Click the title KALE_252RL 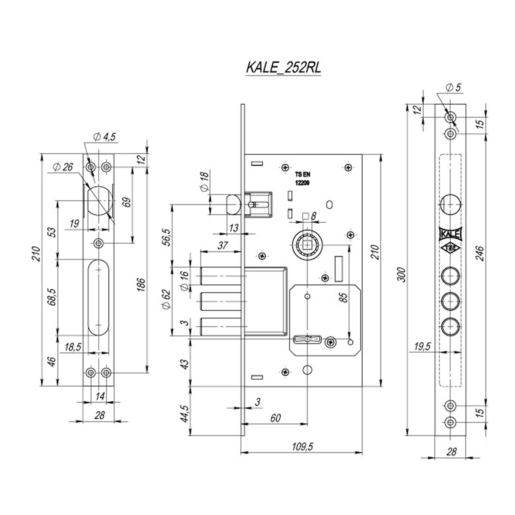(283, 68)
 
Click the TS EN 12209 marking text (303, 179)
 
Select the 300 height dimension (402, 275)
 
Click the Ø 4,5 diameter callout (104, 137)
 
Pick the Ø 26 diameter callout (63, 167)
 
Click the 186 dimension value (142, 285)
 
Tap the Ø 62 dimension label (166, 299)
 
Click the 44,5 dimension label (184, 414)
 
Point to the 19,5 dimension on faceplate (423, 347)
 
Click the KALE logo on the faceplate (450, 234)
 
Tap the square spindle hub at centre (308, 245)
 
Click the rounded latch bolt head (234, 205)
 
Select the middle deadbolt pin (221, 302)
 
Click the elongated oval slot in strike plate (99, 297)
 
